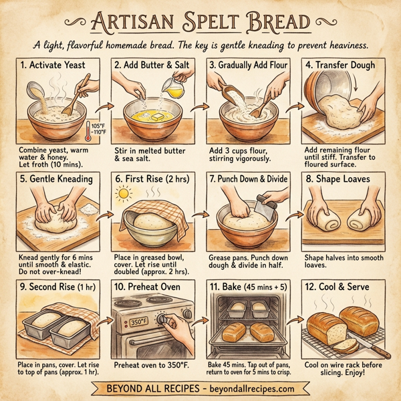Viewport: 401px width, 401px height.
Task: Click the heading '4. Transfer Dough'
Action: [341, 65]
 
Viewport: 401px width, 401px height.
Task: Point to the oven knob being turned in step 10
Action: [164, 321]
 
